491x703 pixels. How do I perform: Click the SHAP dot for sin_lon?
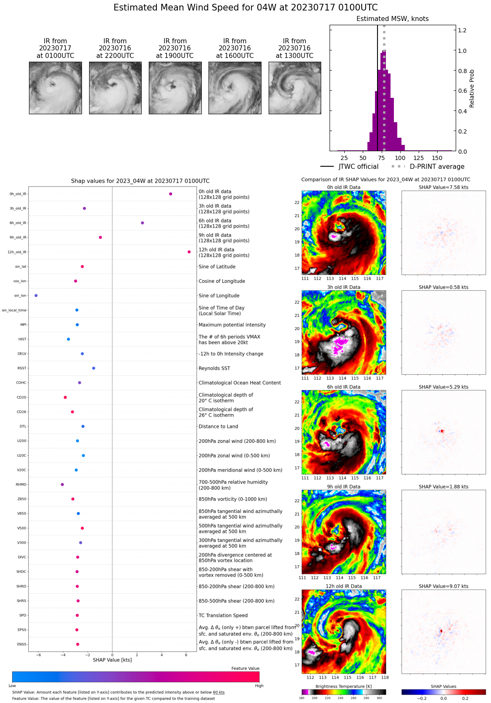click(x=36, y=296)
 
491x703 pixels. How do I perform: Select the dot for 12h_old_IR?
click(x=189, y=252)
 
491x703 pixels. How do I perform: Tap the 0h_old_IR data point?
click(x=171, y=194)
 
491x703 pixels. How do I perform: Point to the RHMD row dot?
click(x=62, y=485)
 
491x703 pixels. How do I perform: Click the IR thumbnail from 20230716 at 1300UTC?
click(x=295, y=88)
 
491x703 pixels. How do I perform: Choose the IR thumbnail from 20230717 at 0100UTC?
click(x=55, y=88)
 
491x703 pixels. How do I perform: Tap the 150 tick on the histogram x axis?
click(x=437, y=158)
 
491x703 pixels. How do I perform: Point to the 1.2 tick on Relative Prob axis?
click(x=462, y=30)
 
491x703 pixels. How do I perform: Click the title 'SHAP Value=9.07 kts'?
click(x=443, y=586)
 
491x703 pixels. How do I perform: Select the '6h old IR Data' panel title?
click(x=344, y=387)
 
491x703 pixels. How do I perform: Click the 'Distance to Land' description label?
click(x=218, y=427)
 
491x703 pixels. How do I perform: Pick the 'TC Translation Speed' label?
click(x=223, y=616)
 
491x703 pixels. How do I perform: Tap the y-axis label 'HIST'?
click(x=22, y=339)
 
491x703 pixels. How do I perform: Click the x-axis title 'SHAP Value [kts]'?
click(x=112, y=660)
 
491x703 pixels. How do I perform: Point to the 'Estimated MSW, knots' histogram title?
click(x=393, y=19)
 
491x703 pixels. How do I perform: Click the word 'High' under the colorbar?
click(x=259, y=686)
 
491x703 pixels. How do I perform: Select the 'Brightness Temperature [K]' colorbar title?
click(x=343, y=686)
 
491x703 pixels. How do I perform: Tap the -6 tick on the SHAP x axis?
click(x=39, y=655)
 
